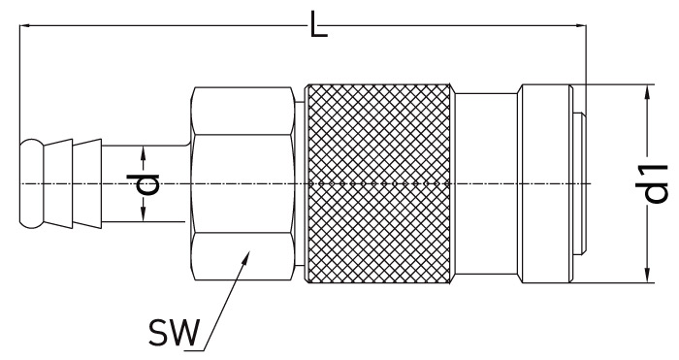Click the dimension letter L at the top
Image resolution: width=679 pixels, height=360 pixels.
pyautogui.click(x=319, y=24)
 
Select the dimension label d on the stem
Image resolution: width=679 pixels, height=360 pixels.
pyautogui.click(x=143, y=184)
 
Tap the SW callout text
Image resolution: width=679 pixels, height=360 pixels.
pyautogui.click(x=174, y=333)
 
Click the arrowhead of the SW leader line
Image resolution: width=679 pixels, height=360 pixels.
pyautogui.click(x=246, y=256)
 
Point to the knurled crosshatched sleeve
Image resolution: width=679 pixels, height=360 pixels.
pyautogui.click(x=380, y=183)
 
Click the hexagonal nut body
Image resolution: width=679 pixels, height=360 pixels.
pyautogui.click(x=242, y=183)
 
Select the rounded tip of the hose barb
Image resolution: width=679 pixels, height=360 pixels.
pyautogui.click(x=31, y=183)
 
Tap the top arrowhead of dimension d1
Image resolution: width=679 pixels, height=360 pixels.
pyautogui.click(x=647, y=92)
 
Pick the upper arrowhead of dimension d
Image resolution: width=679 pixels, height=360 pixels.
pyautogui.click(x=144, y=153)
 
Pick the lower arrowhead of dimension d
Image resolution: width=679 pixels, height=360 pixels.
pyautogui.click(x=144, y=214)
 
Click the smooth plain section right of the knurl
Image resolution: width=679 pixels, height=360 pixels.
pyautogui.click(x=486, y=183)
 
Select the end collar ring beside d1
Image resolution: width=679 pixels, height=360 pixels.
pyautogui.click(x=545, y=183)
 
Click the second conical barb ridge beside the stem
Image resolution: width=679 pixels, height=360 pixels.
pyautogui.click(x=87, y=183)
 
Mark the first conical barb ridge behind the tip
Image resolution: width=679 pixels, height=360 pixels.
pyautogui.click(x=58, y=183)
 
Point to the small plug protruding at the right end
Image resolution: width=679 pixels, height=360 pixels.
pyautogui.click(x=580, y=183)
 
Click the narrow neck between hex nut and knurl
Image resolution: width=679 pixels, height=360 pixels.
pyautogui.click(x=299, y=183)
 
